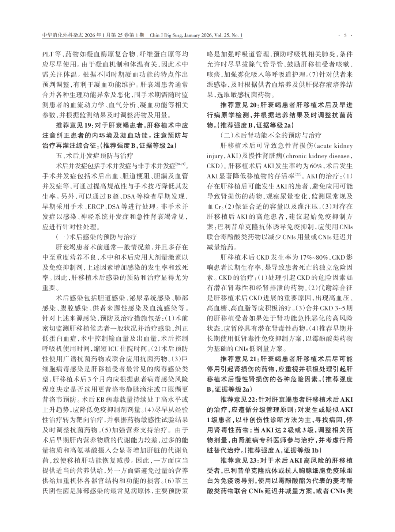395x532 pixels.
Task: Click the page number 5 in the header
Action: coord(345,35)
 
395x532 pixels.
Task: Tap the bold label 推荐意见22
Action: coord(239,400)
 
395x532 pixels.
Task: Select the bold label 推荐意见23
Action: coord(239,460)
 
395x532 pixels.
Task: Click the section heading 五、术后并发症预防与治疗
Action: coord(94,155)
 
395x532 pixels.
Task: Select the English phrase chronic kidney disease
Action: coord(322,156)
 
